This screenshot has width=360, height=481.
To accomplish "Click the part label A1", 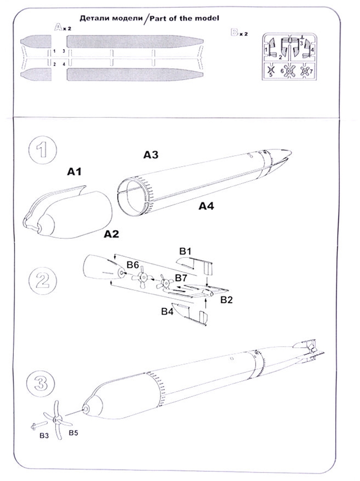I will point(74,172).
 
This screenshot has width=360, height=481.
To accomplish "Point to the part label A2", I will point(112,234).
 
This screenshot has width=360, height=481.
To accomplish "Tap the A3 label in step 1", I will point(151,155).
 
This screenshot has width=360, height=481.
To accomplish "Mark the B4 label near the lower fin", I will point(168,312).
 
